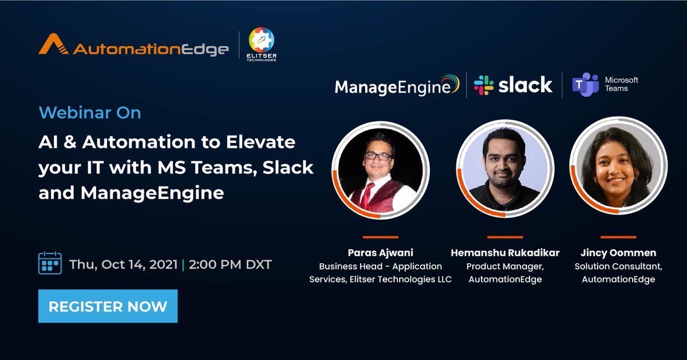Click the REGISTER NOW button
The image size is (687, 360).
pos(108,306)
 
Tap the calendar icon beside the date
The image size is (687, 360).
pos(50,263)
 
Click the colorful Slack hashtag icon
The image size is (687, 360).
pos(484,85)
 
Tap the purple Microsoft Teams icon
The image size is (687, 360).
pos(585,85)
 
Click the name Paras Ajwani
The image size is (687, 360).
pos(380,252)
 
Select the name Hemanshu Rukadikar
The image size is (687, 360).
pos(504,252)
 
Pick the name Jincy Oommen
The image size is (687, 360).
pos(618,252)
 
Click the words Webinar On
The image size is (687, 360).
pos(90,113)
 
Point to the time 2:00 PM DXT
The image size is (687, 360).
pos(230,265)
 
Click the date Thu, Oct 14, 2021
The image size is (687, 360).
pos(124,265)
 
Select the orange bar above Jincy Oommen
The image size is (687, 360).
pos(618,236)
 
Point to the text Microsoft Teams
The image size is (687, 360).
pos(621,84)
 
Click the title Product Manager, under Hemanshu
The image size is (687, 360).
pos(504,266)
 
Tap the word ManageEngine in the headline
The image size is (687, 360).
pos(152,192)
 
